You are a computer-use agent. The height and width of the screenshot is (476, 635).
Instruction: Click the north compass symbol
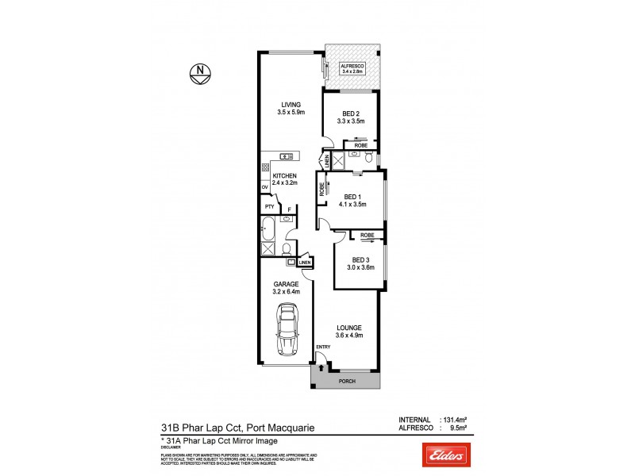[x=199, y=73]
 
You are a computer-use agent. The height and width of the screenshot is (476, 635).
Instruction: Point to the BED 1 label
[x=353, y=198]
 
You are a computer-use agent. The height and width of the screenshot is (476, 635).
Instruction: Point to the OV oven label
[x=264, y=188]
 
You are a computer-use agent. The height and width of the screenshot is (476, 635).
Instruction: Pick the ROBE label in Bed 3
[x=367, y=236]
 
